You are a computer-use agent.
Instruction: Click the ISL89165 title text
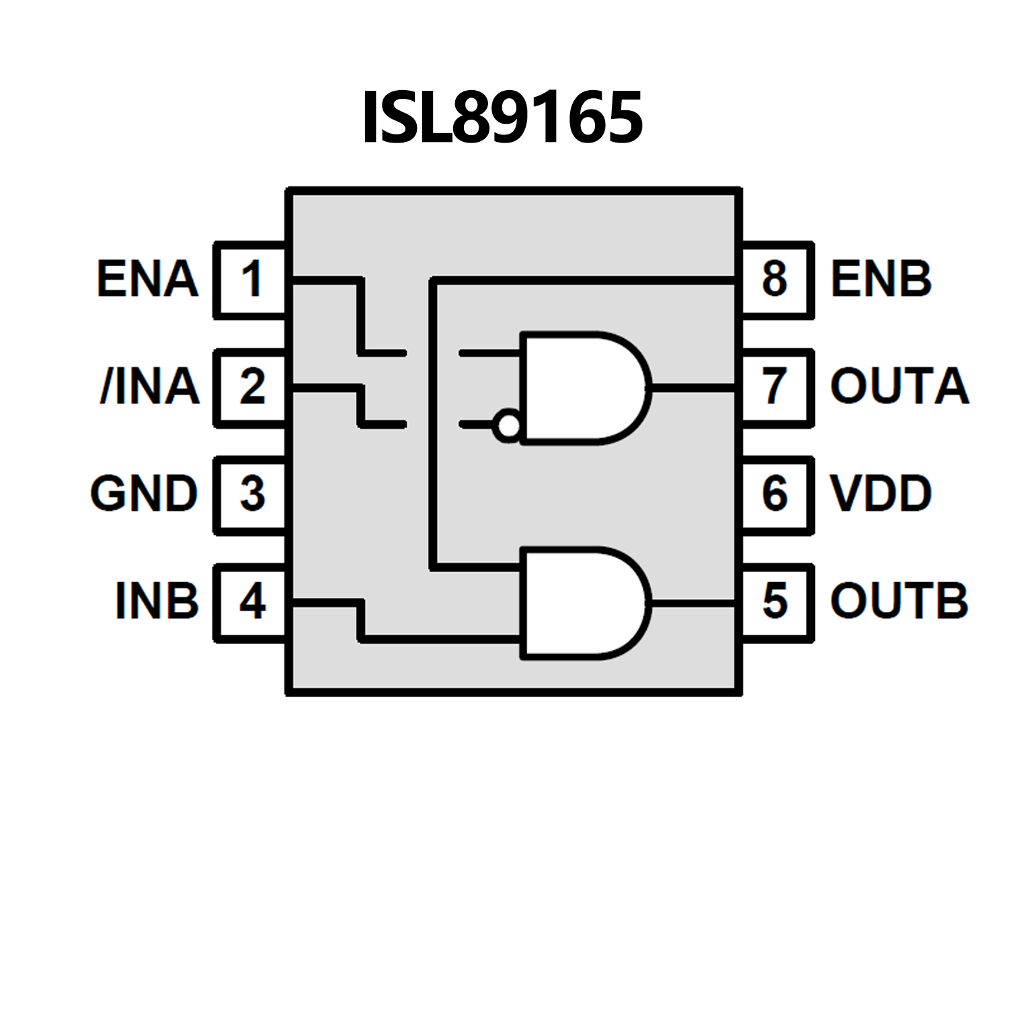point(502,118)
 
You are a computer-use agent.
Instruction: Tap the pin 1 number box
point(251,279)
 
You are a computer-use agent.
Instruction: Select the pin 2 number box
point(251,387)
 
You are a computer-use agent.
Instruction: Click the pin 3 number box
point(251,494)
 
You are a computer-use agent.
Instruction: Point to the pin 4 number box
point(251,602)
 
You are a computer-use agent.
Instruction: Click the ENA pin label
point(147,279)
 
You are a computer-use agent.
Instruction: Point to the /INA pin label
point(149,387)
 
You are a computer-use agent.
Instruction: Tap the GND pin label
point(143,494)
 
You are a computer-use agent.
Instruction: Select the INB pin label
point(157,602)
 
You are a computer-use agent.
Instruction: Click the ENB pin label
point(881,279)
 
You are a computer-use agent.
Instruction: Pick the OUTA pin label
point(900,387)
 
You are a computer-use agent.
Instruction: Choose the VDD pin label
point(881,494)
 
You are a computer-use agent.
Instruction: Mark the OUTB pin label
point(900,602)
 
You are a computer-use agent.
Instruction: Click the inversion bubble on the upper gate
point(507,426)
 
